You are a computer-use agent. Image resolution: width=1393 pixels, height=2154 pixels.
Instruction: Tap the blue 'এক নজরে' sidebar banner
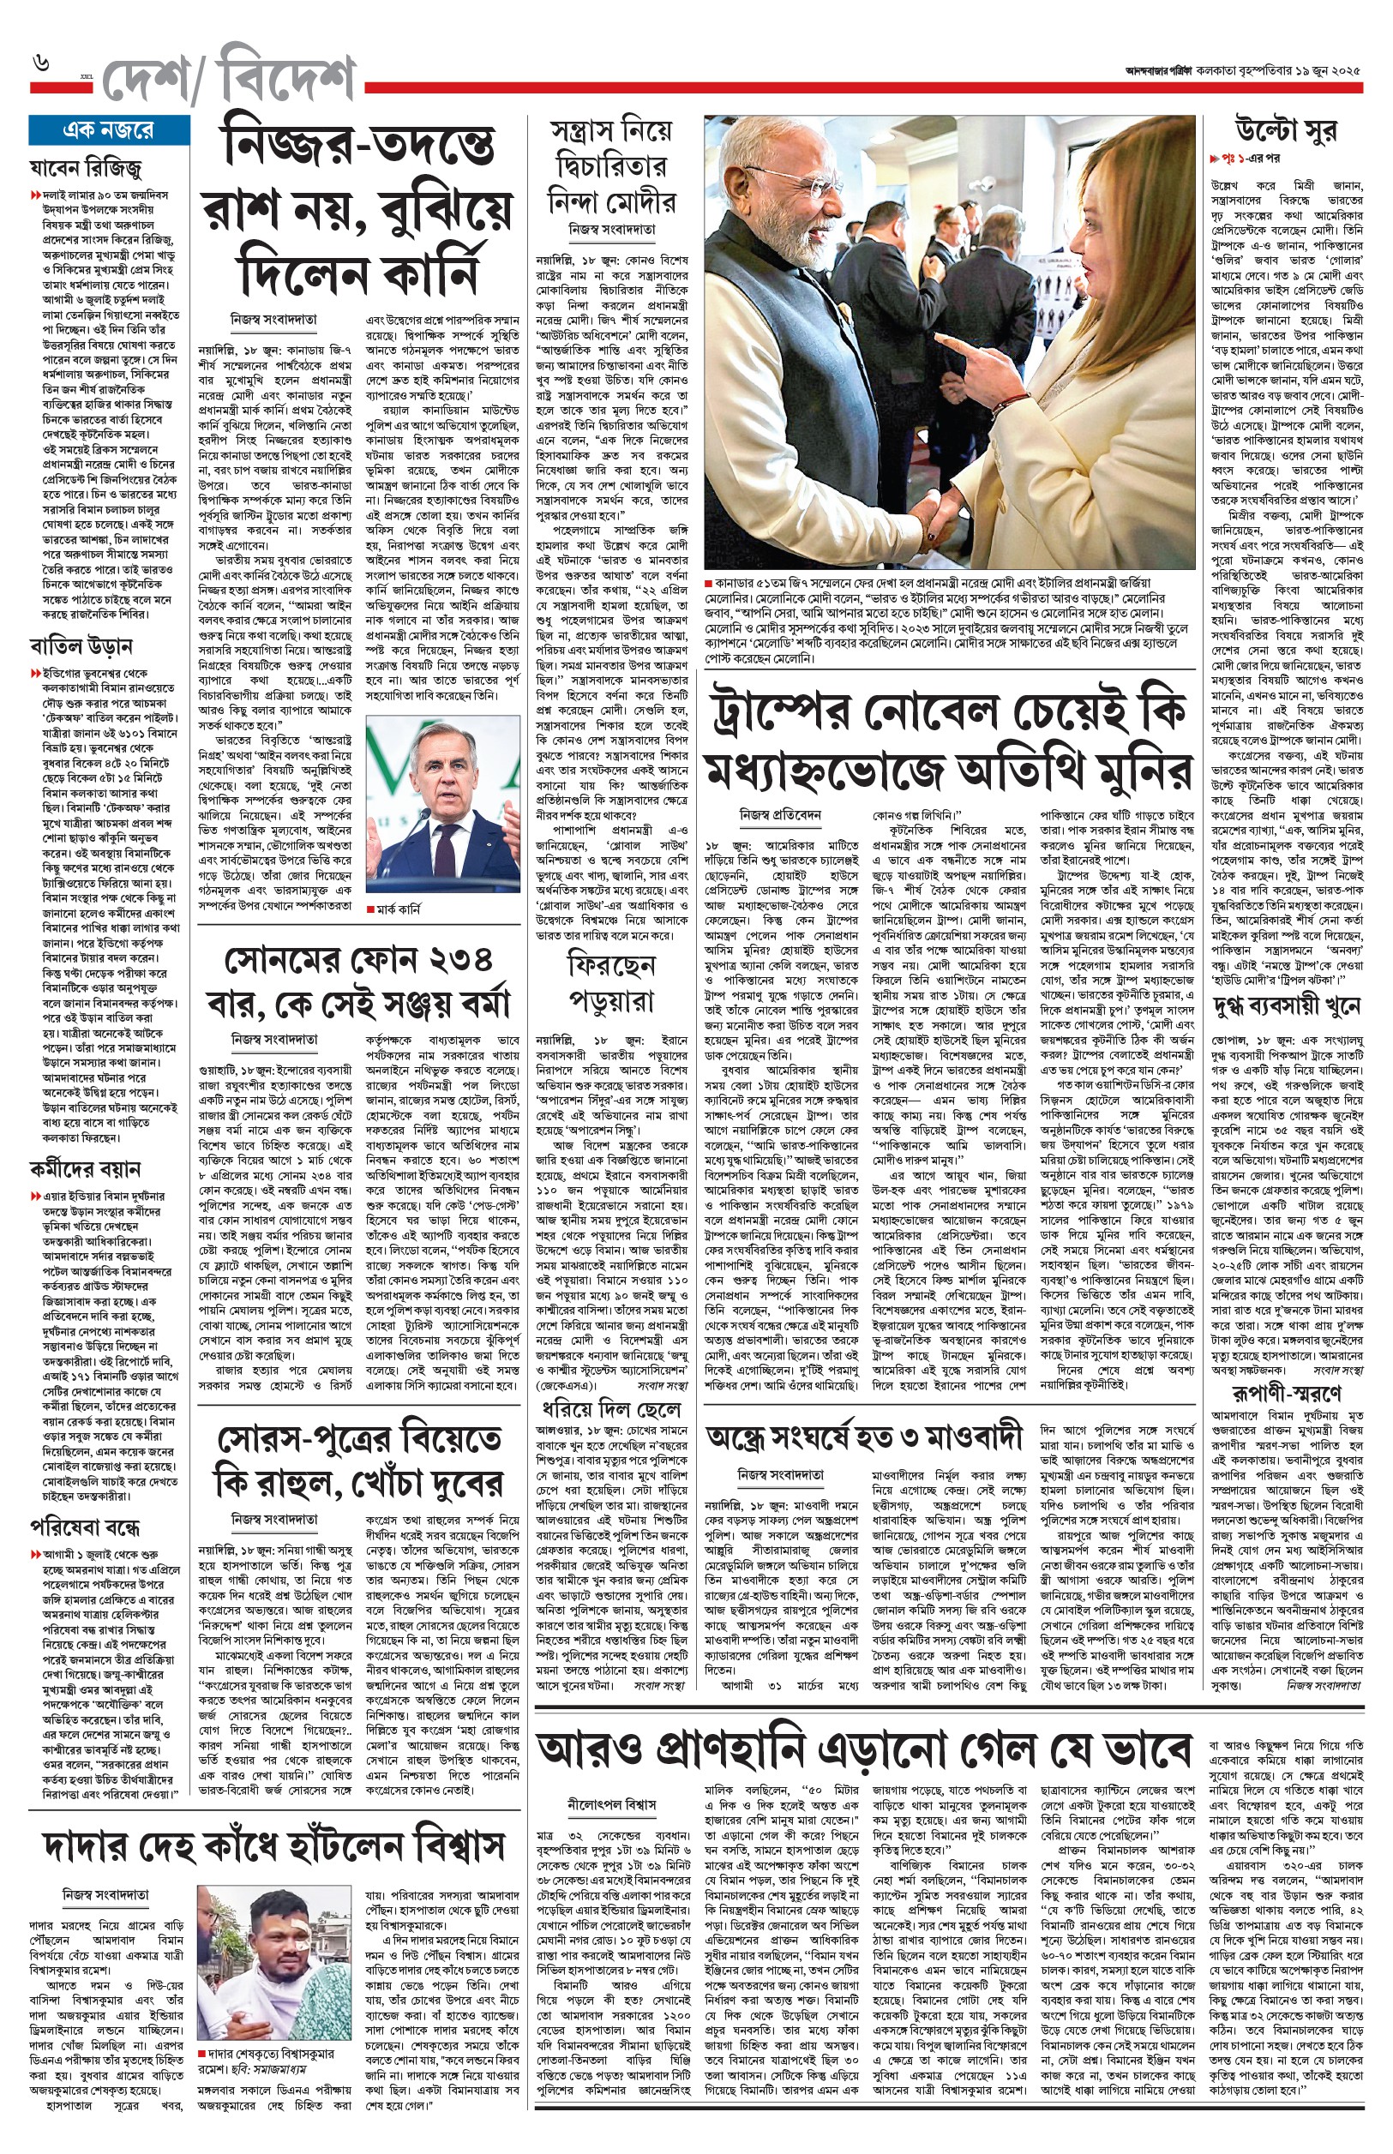tap(109, 130)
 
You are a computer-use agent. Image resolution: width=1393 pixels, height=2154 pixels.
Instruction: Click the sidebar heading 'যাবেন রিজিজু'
tap(86, 168)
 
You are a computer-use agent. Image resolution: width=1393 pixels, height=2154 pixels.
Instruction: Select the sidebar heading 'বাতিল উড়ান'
tap(81, 646)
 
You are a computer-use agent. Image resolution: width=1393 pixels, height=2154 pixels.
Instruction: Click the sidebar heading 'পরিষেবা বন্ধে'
tap(85, 1527)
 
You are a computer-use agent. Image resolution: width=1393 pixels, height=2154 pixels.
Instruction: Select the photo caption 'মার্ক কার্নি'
tap(397, 909)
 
